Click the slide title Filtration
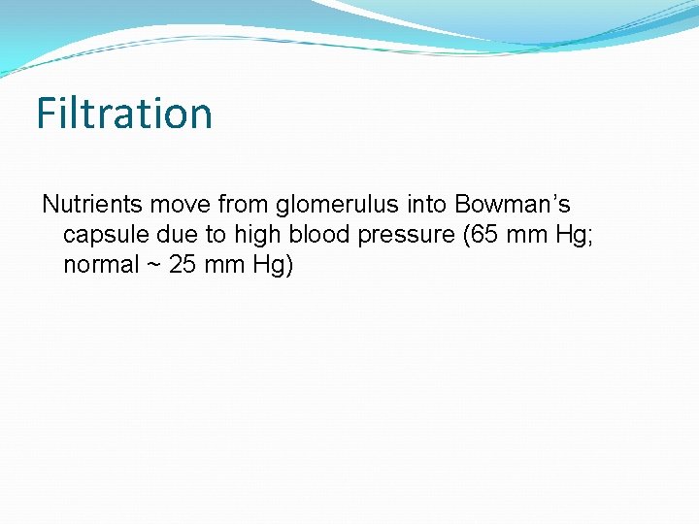coord(124,113)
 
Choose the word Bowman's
coord(513,205)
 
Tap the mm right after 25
coord(224,265)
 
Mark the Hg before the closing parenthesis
coord(269,266)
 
